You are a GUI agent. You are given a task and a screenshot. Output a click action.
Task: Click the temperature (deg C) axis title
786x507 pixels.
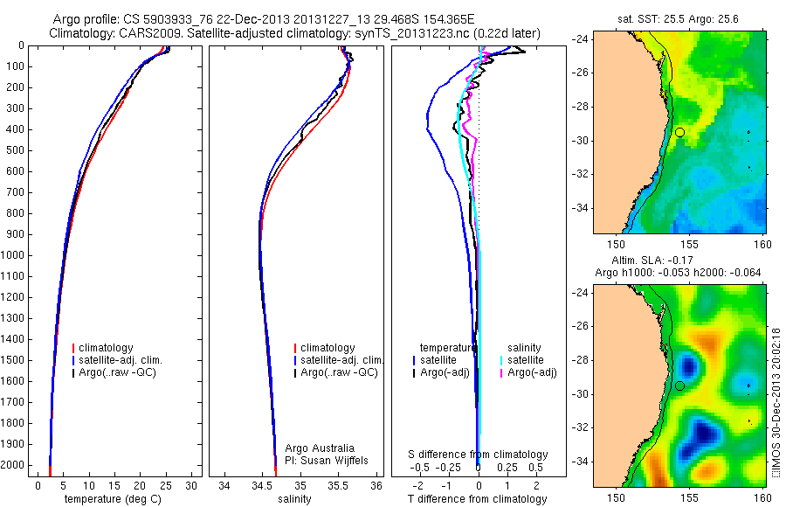tap(113, 499)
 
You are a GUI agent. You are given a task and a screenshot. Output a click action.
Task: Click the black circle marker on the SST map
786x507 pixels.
tap(679, 132)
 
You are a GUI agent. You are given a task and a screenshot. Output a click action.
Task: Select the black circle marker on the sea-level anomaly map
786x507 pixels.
tap(679, 385)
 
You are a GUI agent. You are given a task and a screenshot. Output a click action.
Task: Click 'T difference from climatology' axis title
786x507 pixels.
tap(477, 499)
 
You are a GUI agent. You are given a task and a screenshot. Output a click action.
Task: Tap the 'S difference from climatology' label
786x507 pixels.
tap(478, 455)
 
